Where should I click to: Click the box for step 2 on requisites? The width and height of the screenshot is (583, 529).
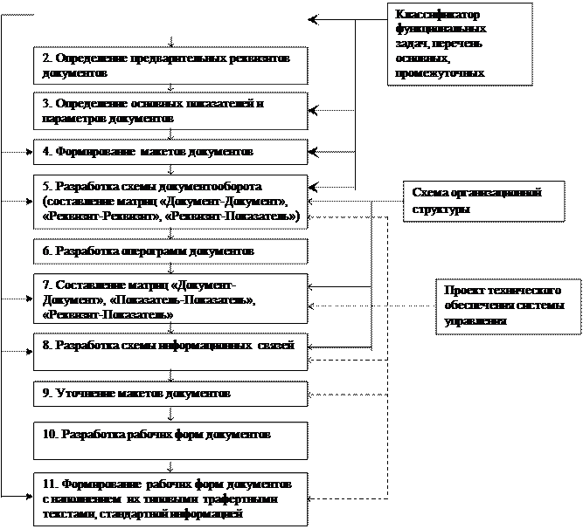tap(171, 65)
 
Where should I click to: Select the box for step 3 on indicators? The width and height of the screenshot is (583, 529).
tap(171, 110)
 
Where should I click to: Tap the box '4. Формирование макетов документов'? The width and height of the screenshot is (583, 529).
tap(171, 152)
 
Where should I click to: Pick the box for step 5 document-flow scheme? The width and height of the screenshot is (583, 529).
tap(171, 202)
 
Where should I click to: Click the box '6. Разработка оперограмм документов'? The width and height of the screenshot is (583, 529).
tap(171, 251)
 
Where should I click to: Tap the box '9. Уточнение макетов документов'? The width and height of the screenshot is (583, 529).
tap(171, 394)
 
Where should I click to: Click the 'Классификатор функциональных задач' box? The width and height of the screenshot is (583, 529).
tap(460, 44)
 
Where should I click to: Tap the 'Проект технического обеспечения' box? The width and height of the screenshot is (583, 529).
tap(508, 306)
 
